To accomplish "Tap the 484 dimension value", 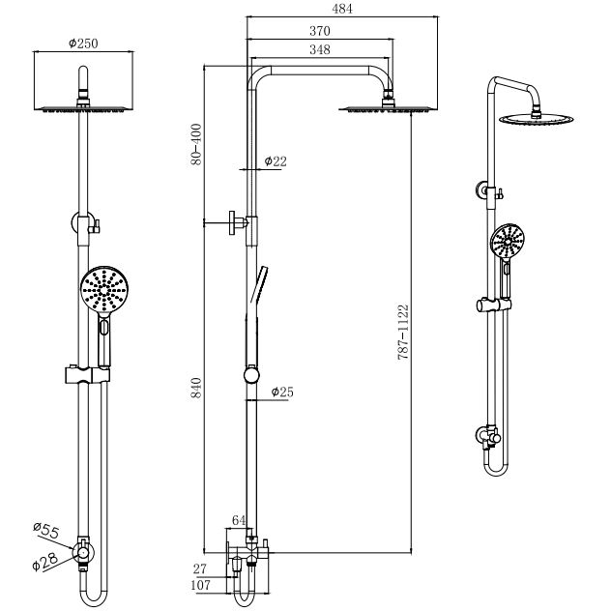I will point(343,9).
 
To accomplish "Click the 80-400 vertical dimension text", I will point(196,144).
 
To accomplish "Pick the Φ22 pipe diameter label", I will point(275,162).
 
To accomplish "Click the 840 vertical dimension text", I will point(196,388).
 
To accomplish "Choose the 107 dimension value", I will point(201,586).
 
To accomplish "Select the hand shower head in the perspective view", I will point(509,241).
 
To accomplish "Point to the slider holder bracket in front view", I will point(85,372).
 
